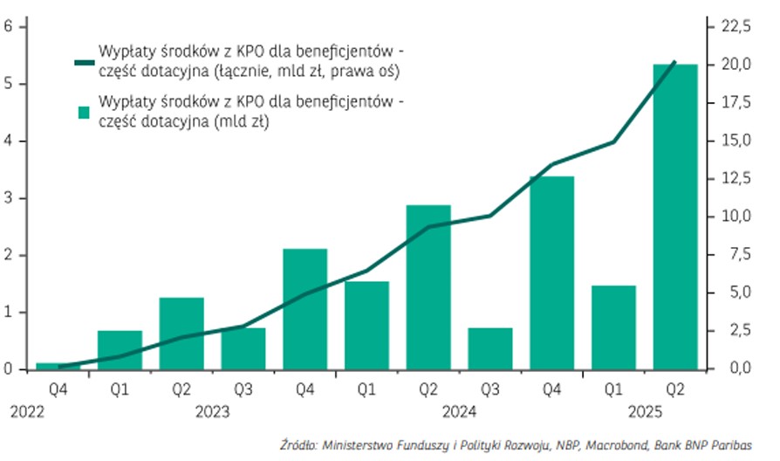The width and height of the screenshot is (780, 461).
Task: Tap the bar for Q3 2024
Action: click(489, 348)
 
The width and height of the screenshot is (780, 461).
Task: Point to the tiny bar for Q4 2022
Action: click(58, 365)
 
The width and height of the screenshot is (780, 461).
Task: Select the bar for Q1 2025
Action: click(613, 327)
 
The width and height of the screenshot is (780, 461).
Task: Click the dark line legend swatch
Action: click(84, 62)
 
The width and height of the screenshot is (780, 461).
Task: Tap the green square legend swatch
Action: click(85, 113)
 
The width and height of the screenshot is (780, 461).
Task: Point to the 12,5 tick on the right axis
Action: click(734, 179)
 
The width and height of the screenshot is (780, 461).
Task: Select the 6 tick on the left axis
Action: click(9, 27)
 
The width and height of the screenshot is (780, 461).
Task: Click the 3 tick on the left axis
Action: click(9, 198)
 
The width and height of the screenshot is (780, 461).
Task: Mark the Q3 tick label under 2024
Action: click(489, 388)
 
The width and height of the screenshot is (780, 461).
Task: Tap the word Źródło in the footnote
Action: click(298, 444)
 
